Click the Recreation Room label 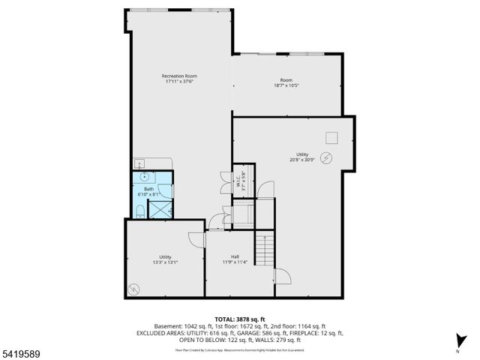(x=178, y=76)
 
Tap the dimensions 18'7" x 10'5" (x=286, y=86)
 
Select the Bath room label (x=148, y=189)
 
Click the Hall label (x=235, y=256)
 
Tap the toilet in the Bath (x=141, y=211)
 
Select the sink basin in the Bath (x=143, y=178)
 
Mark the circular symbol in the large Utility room (x=326, y=157)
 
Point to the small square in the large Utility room (x=331, y=136)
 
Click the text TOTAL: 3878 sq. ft (x=240, y=319)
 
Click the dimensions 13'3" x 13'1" (x=164, y=262)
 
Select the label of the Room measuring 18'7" (x=286, y=80)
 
